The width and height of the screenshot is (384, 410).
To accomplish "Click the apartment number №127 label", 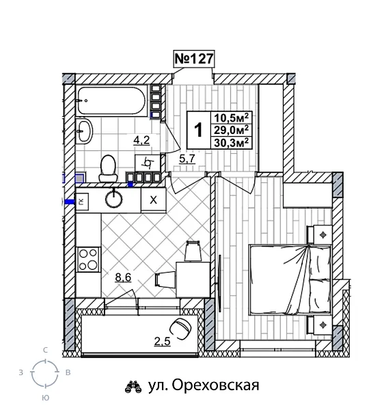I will pos(195,59).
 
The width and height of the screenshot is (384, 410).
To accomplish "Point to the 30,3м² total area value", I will pos(230,142).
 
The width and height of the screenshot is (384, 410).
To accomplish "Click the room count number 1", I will pos(199,129).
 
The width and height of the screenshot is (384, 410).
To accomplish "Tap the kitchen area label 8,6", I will pos(124,277).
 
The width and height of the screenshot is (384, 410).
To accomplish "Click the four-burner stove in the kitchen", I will pos(89,259).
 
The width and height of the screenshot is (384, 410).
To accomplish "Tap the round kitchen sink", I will pos(114,200).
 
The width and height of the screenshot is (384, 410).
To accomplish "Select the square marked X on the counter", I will pos(153,200).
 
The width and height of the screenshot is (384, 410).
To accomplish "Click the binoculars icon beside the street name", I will pos(133,386).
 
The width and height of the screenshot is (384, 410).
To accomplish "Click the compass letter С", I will pos(45,350).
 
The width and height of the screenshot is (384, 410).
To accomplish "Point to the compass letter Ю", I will pos(45,397).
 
